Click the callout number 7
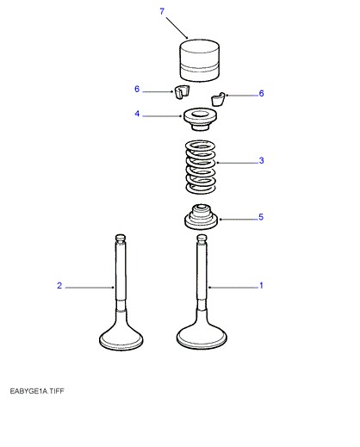162,11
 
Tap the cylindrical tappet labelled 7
200,60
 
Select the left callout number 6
137,89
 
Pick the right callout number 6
261,93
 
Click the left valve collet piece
182,92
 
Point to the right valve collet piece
218,99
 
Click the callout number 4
137,114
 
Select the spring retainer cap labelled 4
200,119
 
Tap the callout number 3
261,160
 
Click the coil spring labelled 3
201,166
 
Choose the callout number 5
261,217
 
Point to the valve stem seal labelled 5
201,217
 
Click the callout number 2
59,286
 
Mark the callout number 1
261,286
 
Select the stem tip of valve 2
121,238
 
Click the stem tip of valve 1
202,239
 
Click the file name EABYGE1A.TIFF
37,391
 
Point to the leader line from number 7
177,28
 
